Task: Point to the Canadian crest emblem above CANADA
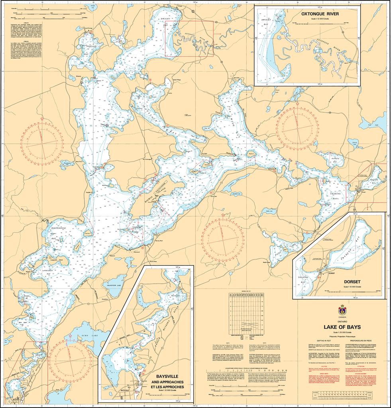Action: click(342, 310)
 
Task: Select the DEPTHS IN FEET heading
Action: click(325, 341)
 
